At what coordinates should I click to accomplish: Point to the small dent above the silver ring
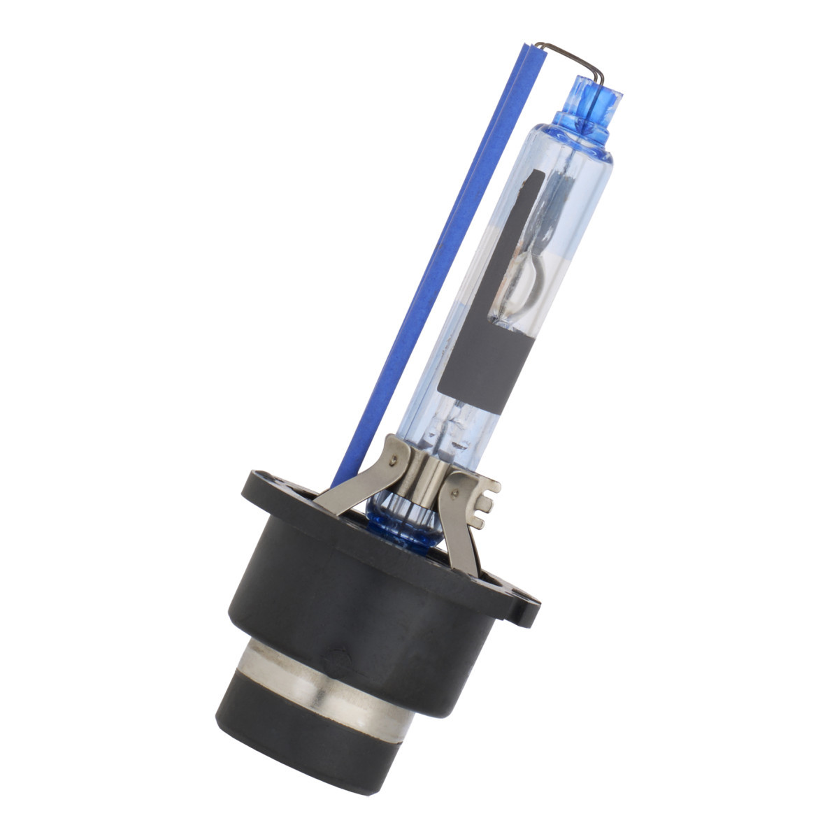coord(340,656)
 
